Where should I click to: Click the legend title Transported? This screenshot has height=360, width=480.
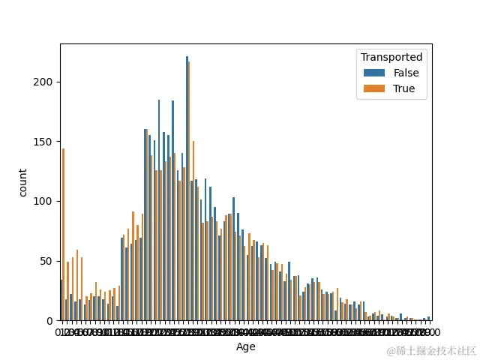tap(391, 57)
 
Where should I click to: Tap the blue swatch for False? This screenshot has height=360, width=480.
tap(374, 73)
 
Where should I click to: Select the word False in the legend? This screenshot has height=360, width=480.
tap(406, 73)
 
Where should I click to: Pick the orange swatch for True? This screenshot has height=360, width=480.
tap(374, 88)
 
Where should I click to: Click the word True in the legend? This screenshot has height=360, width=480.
tap(405, 88)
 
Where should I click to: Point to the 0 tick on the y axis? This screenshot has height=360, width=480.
tap(52, 321)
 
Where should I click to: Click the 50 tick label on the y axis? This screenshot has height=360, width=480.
tap(49, 261)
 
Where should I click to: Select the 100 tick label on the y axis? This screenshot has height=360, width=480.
tap(46, 201)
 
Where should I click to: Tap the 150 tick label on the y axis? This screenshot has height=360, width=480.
tap(46, 142)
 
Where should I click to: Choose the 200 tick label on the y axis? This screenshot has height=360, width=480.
tap(46, 82)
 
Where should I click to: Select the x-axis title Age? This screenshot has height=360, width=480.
tap(246, 346)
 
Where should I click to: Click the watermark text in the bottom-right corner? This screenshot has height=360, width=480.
tap(431, 350)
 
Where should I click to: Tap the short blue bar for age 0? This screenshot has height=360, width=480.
tap(61, 300)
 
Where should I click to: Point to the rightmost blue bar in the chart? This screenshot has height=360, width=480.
tap(428, 319)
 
